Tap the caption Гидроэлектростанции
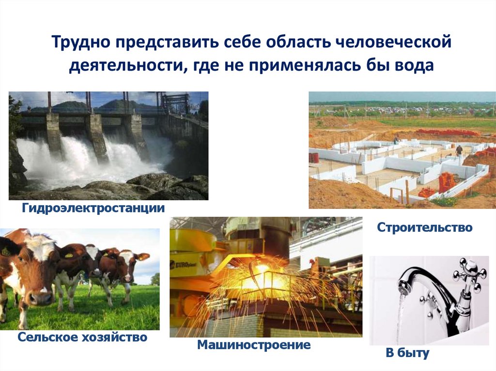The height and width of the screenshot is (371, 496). click(93, 208)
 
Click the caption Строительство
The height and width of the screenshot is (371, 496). click(424, 227)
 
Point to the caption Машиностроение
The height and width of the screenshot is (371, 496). click(254, 345)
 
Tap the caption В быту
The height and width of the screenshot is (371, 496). click(407, 353)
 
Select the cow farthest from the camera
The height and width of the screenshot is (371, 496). click(131, 264)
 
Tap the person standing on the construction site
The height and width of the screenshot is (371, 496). click(458, 149)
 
